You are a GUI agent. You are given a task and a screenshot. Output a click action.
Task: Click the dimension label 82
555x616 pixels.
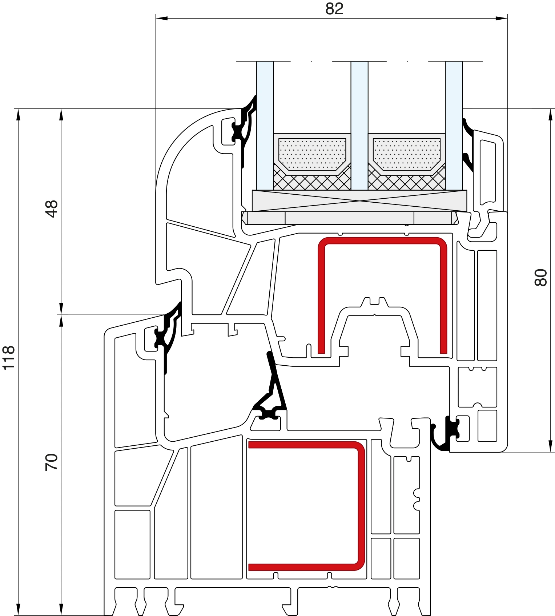(334, 9)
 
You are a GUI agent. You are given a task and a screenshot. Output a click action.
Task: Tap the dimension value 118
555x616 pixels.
(8, 358)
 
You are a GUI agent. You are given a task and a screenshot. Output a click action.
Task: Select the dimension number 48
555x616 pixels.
(52, 208)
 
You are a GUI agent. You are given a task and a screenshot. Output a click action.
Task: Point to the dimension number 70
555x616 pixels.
(52, 462)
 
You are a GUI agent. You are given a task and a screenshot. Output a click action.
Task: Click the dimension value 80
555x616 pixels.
(541, 278)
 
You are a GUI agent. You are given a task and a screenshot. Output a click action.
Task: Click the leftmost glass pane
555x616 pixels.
(265, 126)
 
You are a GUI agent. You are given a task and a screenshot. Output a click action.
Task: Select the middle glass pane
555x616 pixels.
(359, 126)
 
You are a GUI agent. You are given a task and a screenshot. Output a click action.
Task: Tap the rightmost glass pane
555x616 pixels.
(454, 126)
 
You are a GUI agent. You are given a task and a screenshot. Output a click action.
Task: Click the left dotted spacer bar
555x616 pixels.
(312, 154)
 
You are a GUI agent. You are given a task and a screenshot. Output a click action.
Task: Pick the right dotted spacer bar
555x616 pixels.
(407, 154)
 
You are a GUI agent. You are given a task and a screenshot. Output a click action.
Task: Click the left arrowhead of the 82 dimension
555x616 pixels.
(162, 18)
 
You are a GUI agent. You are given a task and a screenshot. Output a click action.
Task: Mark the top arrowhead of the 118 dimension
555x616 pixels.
(18, 115)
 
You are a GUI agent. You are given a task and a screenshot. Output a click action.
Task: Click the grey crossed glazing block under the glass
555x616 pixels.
(359, 200)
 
